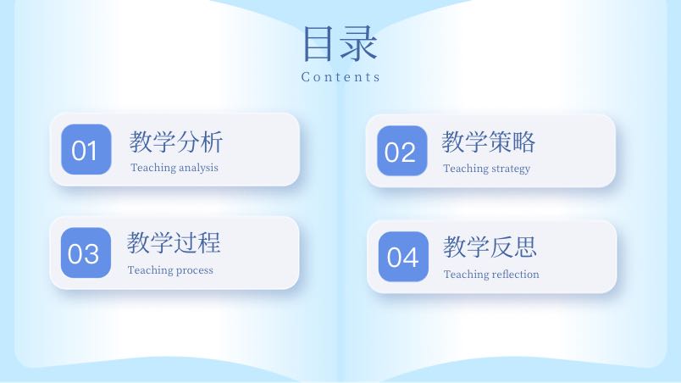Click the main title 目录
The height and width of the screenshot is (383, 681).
(340, 43)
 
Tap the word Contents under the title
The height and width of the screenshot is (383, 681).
(340, 77)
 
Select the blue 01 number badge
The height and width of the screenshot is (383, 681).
(86, 149)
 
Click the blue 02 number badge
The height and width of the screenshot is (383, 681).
(402, 151)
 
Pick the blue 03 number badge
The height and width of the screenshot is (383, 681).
(86, 253)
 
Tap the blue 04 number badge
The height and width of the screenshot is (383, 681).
(403, 257)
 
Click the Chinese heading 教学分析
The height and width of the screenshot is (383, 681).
(176, 142)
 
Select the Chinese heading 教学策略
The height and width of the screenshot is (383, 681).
(489, 142)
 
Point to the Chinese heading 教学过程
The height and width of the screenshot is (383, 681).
(174, 242)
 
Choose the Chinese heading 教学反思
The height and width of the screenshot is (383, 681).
(490, 247)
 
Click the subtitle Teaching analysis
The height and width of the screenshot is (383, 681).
(174, 168)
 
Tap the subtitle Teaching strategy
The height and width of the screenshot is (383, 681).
(487, 169)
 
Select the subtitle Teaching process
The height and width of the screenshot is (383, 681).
(171, 270)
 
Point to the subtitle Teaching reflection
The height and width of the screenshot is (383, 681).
(491, 274)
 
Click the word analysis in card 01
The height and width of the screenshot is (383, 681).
(198, 168)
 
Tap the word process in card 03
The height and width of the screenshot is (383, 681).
(195, 271)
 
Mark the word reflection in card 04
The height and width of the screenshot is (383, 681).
(516, 274)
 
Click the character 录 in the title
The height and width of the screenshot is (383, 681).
(359, 43)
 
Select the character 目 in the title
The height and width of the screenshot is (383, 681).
(318, 43)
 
